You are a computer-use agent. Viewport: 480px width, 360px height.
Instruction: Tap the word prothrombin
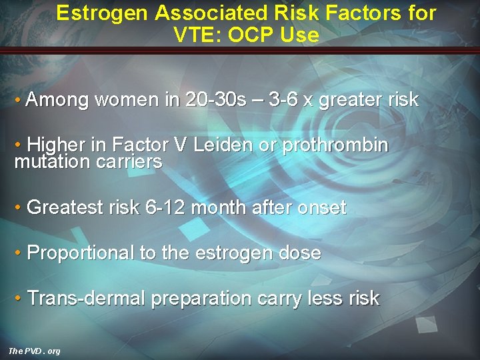click(x=335, y=145)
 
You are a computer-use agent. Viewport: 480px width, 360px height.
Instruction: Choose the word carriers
click(x=132, y=161)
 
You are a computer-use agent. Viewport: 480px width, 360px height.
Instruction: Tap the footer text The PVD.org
click(x=34, y=351)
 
